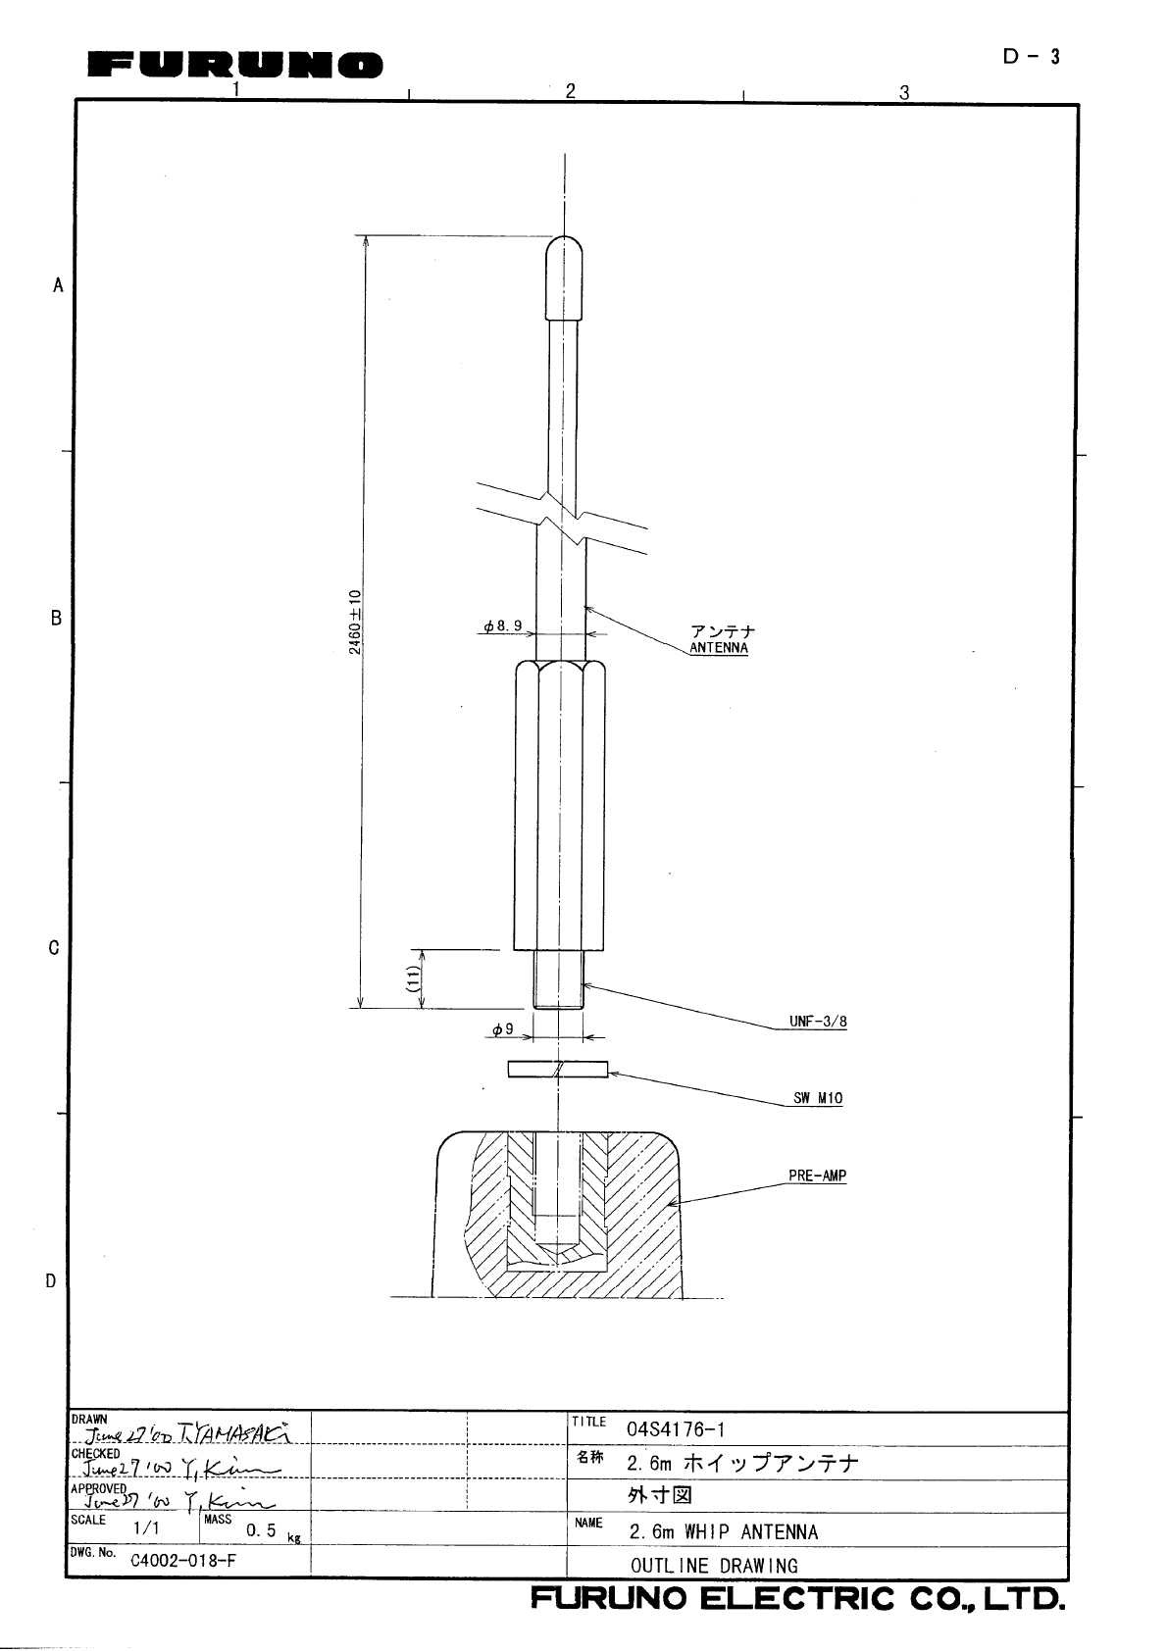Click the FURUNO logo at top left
point(235,66)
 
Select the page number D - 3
point(1031,57)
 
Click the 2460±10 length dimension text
point(356,622)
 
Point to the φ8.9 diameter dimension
point(502,625)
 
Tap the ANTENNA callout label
point(719,648)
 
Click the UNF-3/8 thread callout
point(818,1022)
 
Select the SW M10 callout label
point(818,1098)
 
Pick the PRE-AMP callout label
point(817,1176)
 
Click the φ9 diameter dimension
point(502,1029)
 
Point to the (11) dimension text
point(414,978)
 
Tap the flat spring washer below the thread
point(557,1069)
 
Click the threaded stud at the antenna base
point(558,979)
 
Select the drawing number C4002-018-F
point(183,1561)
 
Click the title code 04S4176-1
point(676,1429)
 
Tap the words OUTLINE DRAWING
point(714,1566)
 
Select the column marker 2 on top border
point(570,91)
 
